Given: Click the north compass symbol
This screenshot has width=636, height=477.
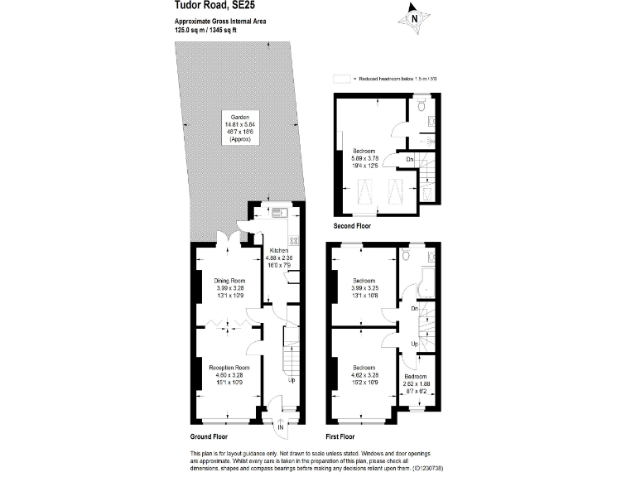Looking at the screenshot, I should pos(413,17).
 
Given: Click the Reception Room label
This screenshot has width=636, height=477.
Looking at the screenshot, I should pos(229,368).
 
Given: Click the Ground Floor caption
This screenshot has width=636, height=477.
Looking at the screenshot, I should pos(209,436).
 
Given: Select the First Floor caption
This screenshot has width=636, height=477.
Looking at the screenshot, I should pos(341,436).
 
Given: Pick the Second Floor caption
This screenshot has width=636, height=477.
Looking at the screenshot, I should pos(352,226).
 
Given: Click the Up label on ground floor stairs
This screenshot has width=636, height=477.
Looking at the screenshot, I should pos(291,380).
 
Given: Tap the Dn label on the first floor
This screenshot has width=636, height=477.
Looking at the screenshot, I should pos(413,309).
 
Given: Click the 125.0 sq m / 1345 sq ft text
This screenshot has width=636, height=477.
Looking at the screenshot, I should pos(206,30).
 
